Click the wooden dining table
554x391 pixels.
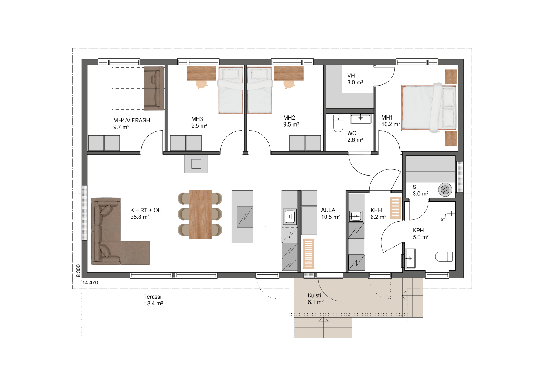pos(201,214)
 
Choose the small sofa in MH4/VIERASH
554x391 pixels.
pos(154,89)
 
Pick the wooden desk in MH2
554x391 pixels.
pos(289,73)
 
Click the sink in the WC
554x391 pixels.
pos(360,119)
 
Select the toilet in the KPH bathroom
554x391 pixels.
pos(444,256)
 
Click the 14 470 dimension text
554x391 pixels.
pos(90,283)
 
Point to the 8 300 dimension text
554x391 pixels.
pos(78,271)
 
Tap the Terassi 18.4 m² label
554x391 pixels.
pos(153,300)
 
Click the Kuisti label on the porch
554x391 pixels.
pos(314,295)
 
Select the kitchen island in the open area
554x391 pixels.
pos(242,217)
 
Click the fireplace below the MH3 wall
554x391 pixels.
pos(196,164)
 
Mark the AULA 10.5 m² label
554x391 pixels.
pos(331,214)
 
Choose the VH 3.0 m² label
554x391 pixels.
pos(355,79)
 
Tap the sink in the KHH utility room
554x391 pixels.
pos(356,217)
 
